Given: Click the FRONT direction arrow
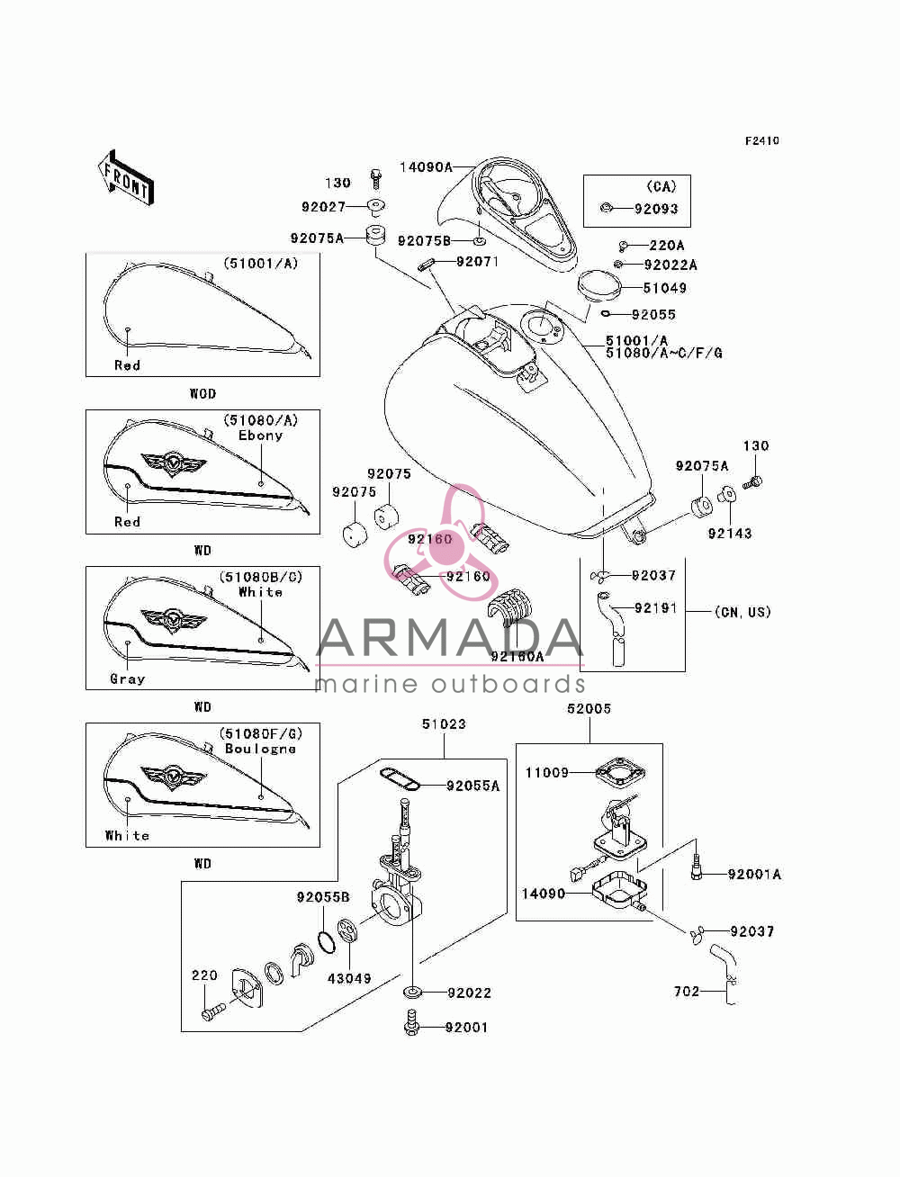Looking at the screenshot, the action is click(x=126, y=177).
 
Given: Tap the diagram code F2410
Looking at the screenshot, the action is click(x=761, y=141).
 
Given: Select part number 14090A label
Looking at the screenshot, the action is click(x=426, y=167).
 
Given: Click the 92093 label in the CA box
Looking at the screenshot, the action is click(x=656, y=209).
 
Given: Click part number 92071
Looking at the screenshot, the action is click(x=477, y=261).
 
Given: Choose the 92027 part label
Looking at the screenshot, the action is click(x=323, y=206).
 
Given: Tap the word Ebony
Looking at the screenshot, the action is click(x=261, y=435).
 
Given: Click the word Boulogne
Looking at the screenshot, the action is click(x=261, y=749).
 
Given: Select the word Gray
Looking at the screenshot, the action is click(x=128, y=678).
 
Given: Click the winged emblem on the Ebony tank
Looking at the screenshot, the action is click(x=173, y=463).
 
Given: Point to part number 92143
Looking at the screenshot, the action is click(x=729, y=533).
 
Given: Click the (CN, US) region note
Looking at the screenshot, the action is click(x=742, y=612).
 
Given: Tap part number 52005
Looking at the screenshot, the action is click(x=589, y=708).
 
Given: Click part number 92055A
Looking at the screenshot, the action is click(x=473, y=786).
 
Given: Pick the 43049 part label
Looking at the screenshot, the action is click(x=349, y=979).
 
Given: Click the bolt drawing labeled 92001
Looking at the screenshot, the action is click(x=412, y=1022).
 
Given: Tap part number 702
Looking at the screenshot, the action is click(x=687, y=992).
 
